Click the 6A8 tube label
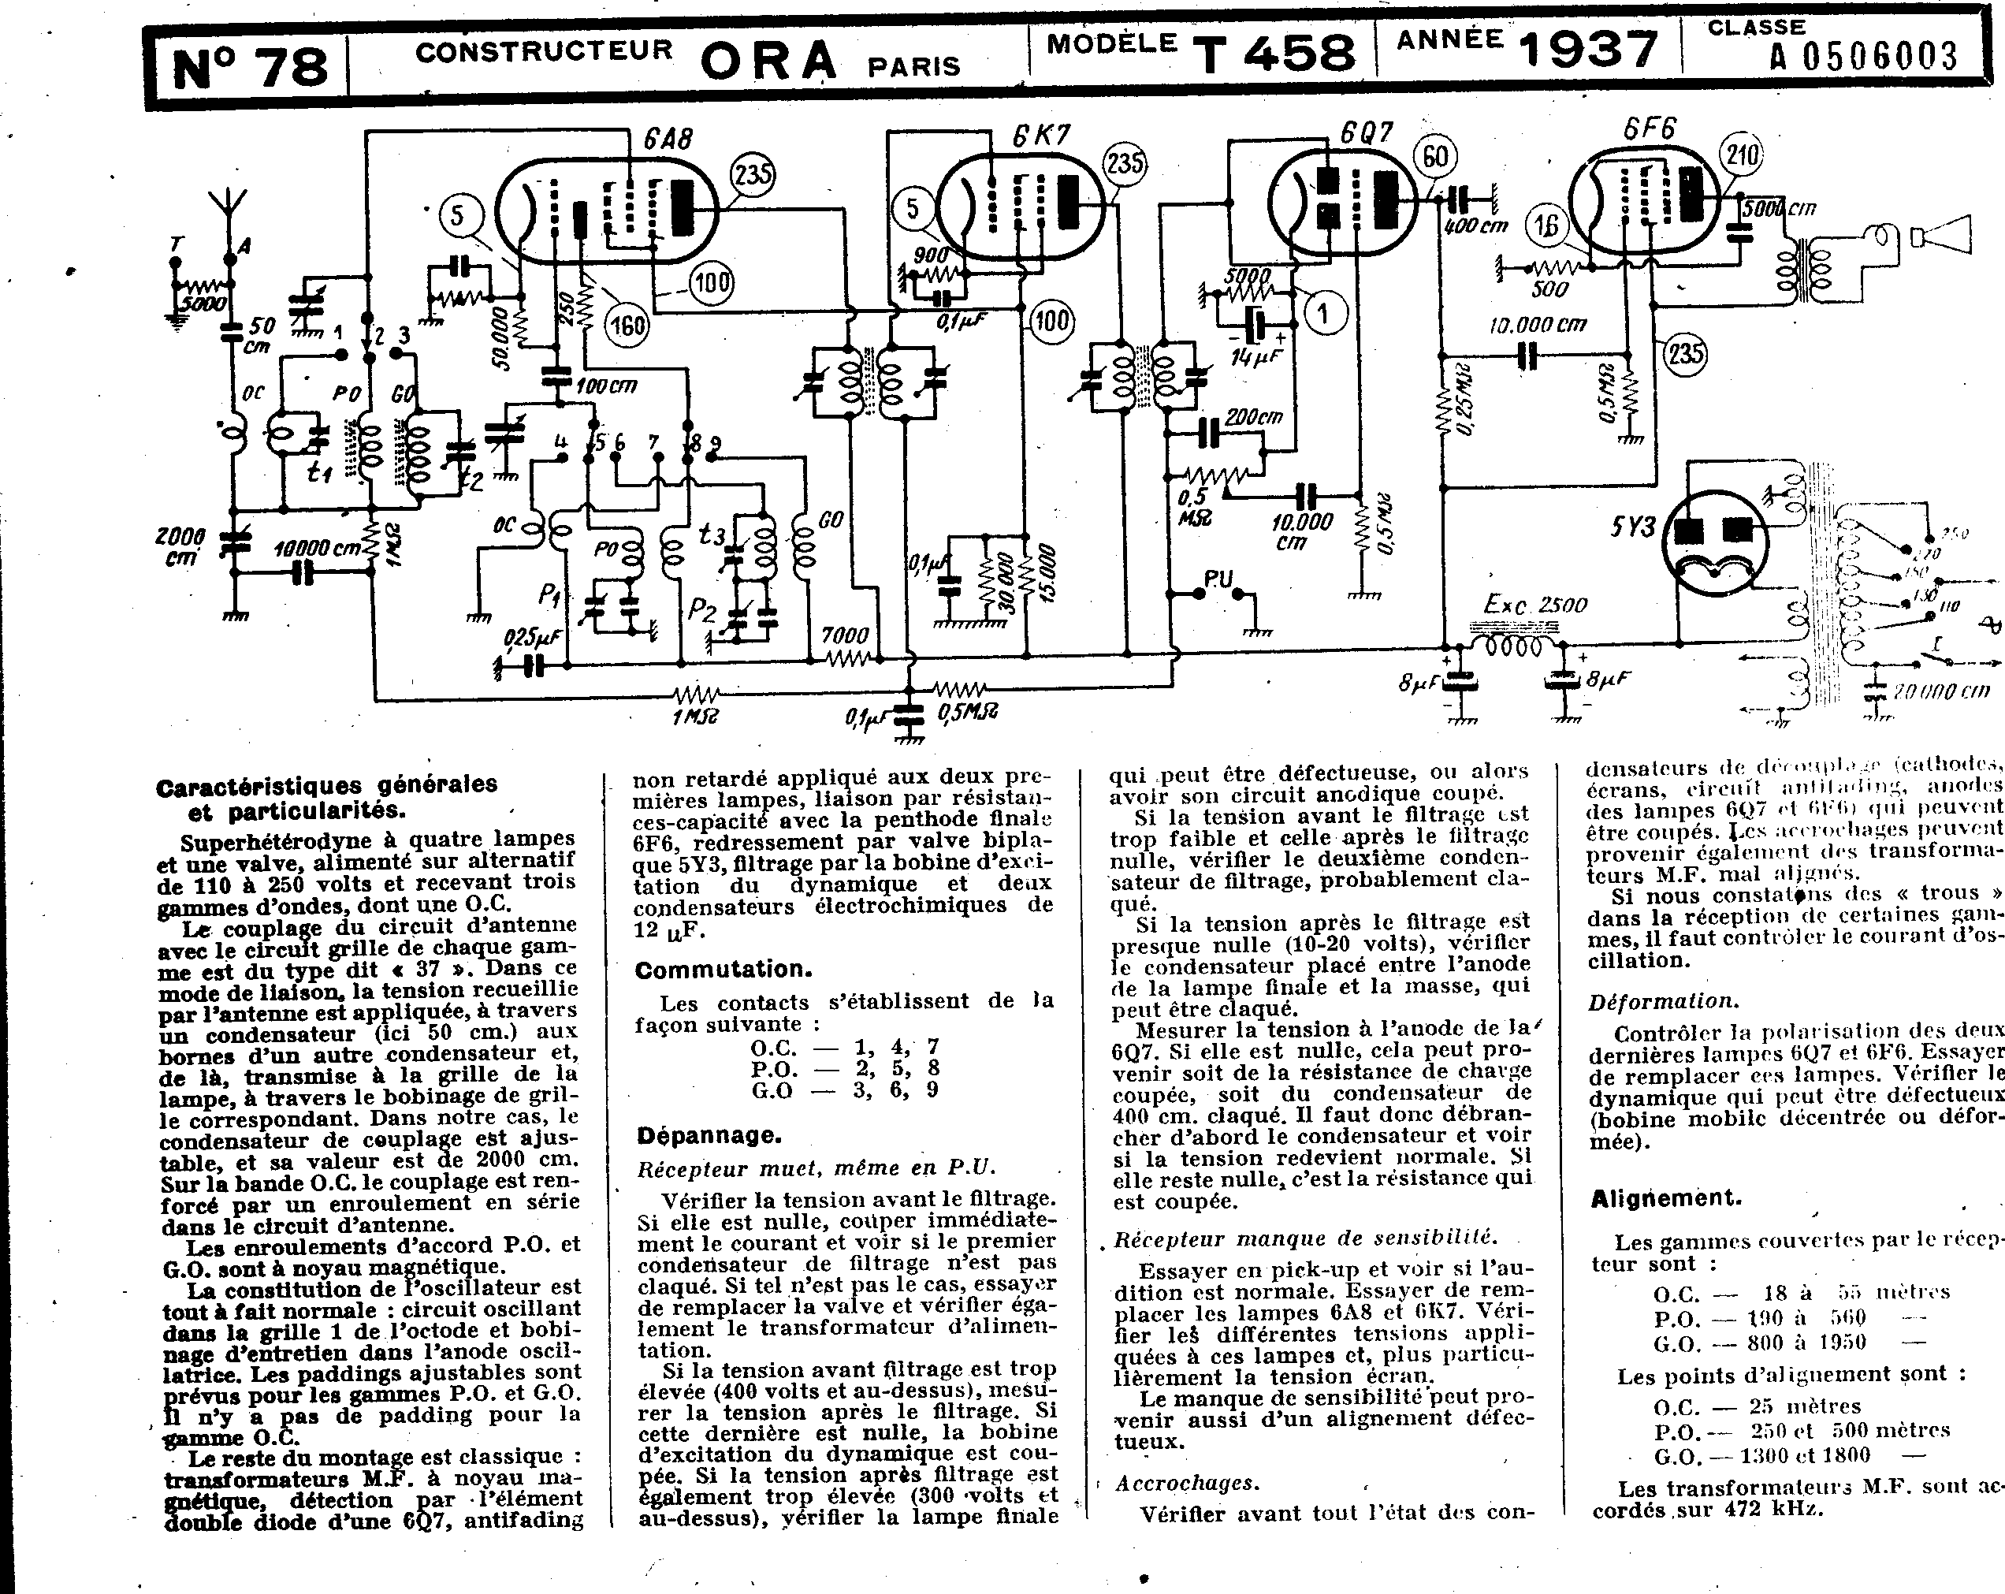tap(668, 140)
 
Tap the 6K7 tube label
tap(1042, 136)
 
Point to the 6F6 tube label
tap(1650, 128)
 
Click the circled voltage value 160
tap(627, 326)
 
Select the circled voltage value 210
tap(1742, 155)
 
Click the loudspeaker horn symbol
tap(1941, 235)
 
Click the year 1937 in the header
tap(1588, 51)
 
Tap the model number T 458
tap(1274, 53)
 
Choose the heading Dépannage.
tap(709, 1135)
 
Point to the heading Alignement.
tap(1665, 1199)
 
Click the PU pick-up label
tap(1218, 579)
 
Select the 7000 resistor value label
tap(844, 636)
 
